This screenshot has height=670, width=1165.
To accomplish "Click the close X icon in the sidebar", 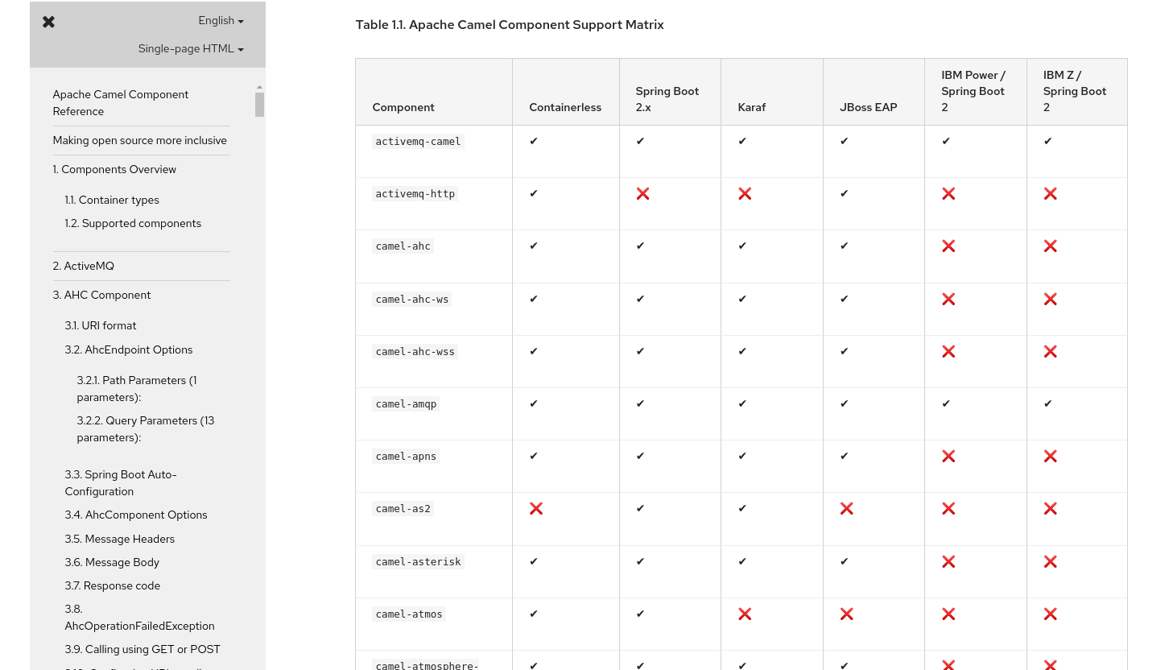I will coord(49,22).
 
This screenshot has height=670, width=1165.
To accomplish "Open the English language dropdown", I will coord(221,21).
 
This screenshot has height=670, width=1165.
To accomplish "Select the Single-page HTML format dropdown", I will coord(190,49).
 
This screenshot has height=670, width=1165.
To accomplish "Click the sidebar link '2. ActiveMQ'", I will coord(84,266).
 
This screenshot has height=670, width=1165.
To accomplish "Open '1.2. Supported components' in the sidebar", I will coord(133,223).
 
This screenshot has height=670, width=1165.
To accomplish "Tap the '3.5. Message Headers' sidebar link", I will coord(120,539).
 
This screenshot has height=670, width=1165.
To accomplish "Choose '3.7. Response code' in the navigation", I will coord(113,585).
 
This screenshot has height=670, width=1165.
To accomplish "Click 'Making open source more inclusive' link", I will coord(140,140).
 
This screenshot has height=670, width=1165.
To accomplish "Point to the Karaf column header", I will coord(752,107).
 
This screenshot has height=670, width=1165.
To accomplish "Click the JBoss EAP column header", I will coord(868,107).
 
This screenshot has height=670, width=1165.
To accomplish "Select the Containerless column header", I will coord(565,107).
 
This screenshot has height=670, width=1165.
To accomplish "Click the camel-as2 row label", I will coord(403,509).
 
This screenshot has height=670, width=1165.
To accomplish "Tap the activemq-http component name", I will coord(415,194).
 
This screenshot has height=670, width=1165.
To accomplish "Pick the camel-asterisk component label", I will coord(419,562).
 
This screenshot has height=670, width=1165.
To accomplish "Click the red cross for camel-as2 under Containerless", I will coord(536,509).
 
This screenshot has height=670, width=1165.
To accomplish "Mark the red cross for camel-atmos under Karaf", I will coord(745,614).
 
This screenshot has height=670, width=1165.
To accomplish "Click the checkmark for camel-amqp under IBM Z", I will coord(1047,404).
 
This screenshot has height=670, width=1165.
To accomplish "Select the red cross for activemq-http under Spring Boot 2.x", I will coord(642,194).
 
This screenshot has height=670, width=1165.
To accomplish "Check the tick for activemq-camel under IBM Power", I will coord(946,142).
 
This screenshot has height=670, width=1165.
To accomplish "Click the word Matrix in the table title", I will coord(644,25).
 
